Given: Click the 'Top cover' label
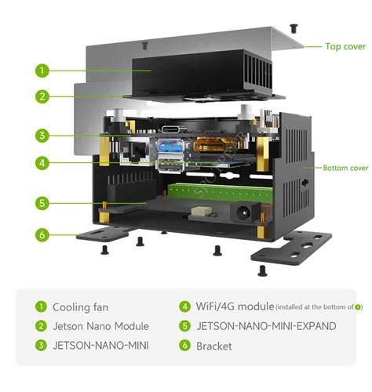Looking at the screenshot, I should [345, 46].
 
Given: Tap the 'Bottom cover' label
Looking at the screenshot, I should [345, 168].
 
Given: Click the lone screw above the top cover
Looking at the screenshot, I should [294, 27].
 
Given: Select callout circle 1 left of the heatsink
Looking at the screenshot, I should [42, 70].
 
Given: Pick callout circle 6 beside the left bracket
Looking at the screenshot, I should [42, 234].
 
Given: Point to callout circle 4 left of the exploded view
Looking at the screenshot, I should [42, 163].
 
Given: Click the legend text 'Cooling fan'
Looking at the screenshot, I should [80, 307].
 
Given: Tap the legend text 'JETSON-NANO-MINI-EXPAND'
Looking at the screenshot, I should [266, 326].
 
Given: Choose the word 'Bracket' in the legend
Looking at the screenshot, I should [214, 345].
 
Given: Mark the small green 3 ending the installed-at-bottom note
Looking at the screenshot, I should [359, 307].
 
